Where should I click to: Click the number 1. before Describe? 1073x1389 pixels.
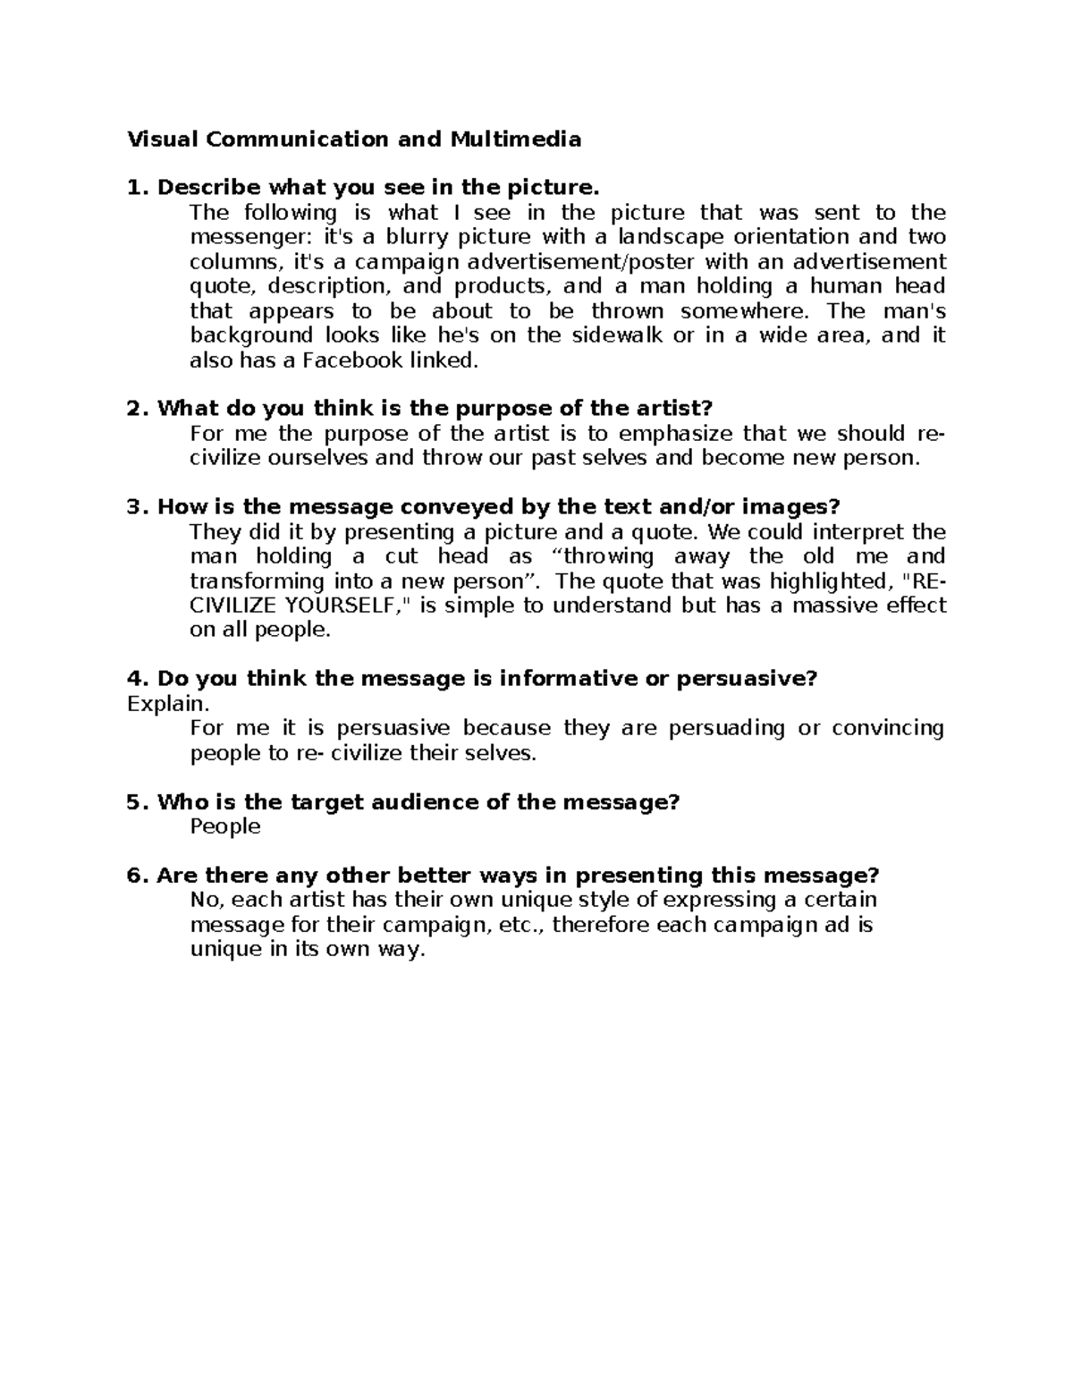point(138,188)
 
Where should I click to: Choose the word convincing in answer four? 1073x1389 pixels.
point(888,728)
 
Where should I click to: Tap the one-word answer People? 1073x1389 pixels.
point(225,826)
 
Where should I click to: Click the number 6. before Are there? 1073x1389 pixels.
point(138,876)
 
